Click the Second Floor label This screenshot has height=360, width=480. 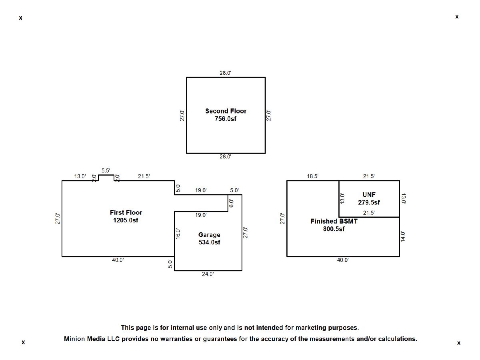tap(226, 111)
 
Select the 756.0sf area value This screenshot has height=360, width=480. tap(226, 119)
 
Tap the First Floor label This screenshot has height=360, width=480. tap(126, 212)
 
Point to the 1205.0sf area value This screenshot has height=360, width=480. tap(126, 220)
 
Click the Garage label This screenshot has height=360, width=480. tap(209, 235)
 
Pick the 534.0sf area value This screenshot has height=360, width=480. tap(209, 242)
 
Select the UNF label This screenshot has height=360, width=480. tap(369, 195)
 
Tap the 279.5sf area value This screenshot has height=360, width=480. tap(369, 202)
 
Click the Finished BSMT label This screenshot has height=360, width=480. tap(334, 221)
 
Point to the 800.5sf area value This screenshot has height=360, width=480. tap(334, 229)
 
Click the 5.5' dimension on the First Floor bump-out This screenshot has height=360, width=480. tap(106, 170)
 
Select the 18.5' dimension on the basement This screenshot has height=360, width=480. tap(313, 176)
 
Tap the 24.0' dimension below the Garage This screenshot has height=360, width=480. tap(208, 274)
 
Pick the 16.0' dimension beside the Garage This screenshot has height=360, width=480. tap(178, 234)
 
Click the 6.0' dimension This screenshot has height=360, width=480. tap(232, 203)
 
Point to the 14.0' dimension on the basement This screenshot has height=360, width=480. tap(403, 236)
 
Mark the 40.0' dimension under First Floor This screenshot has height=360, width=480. tap(118, 260)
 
